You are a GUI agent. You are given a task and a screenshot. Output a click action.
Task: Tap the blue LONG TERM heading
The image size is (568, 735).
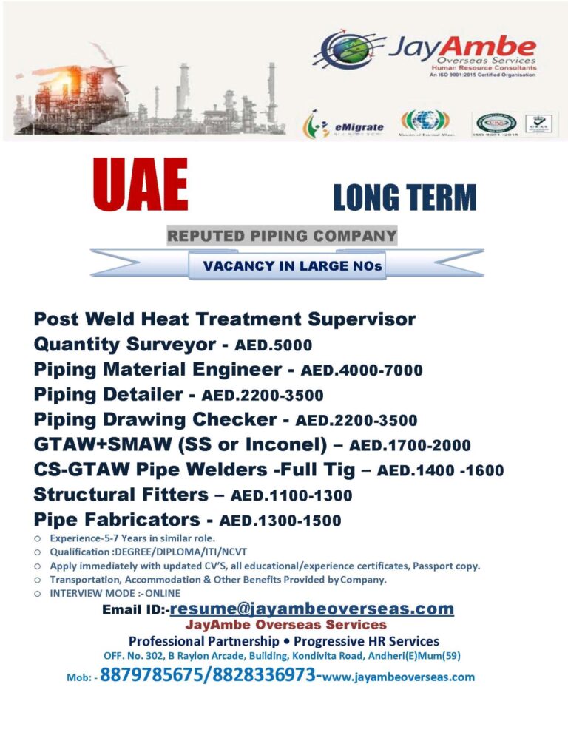click(x=405, y=197)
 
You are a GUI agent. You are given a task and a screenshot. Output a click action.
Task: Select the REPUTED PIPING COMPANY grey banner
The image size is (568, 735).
click(x=282, y=237)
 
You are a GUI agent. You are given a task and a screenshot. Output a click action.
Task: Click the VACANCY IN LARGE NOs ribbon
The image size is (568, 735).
click(x=288, y=265)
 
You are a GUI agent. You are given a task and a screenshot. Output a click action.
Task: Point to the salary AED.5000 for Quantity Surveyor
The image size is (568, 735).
click(x=273, y=345)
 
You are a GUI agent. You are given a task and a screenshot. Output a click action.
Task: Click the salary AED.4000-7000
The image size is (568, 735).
click(x=361, y=370)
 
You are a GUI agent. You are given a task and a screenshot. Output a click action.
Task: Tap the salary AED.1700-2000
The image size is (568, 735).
click(x=409, y=446)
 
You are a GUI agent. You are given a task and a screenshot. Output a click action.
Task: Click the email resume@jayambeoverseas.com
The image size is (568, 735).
click(x=311, y=609)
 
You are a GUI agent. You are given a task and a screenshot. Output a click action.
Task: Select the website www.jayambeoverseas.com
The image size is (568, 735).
click(x=399, y=676)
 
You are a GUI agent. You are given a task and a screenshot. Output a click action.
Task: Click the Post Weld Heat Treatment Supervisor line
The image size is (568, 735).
click(x=225, y=319)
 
